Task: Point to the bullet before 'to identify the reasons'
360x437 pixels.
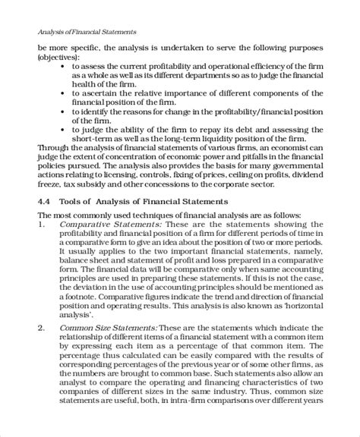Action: pyautogui.click(x=64, y=111)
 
